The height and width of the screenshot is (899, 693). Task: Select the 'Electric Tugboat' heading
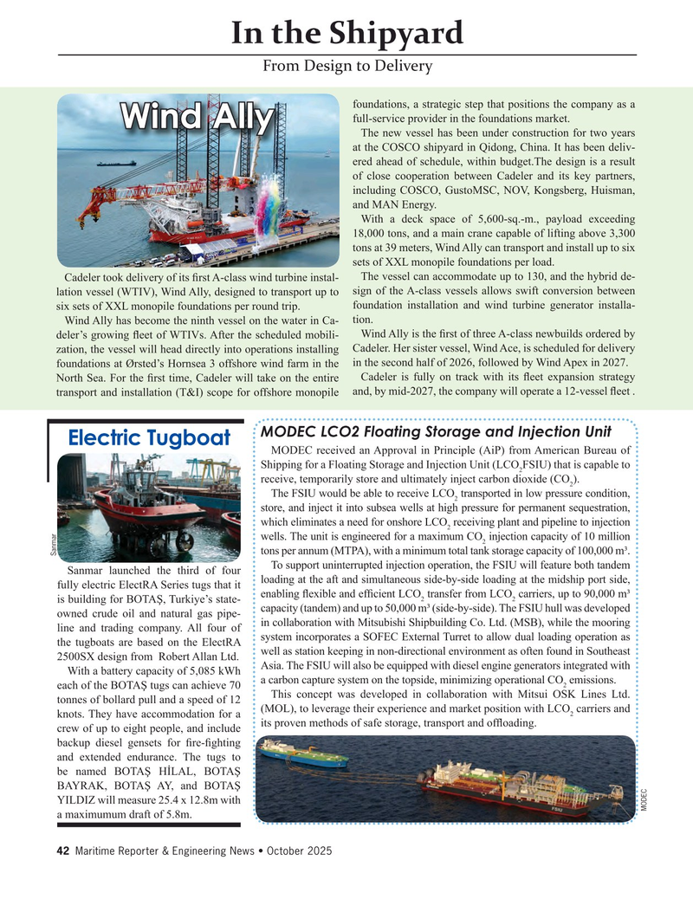pos(149,438)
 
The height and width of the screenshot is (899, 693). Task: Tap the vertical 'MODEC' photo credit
pos(644,798)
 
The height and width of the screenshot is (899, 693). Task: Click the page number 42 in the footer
pos(62,851)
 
